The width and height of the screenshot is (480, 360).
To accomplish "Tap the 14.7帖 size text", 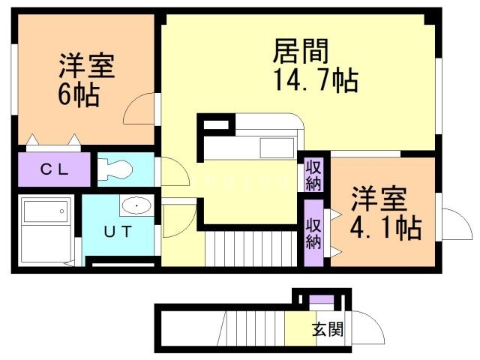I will click(307, 80).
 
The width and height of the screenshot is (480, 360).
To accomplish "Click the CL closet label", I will click(54, 169).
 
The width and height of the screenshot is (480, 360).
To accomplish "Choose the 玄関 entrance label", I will click(328, 328).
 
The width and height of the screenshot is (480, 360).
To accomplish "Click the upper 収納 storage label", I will click(313, 175).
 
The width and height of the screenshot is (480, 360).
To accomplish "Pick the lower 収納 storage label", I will click(313, 233).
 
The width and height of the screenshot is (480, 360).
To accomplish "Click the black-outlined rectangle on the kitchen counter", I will click(215, 125).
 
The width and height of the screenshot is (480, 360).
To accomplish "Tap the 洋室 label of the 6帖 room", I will click(86, 67).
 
